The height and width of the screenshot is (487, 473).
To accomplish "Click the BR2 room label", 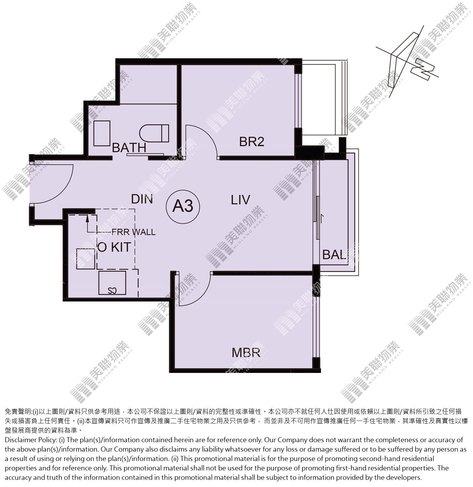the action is point(252,142).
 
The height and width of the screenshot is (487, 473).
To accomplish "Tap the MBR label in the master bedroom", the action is point(246,353).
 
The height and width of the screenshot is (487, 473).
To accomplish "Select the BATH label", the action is point(129,147).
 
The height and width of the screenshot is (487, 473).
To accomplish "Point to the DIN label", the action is point(142,199).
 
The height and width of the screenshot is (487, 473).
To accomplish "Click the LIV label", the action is point(240,200).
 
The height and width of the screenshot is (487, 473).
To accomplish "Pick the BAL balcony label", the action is point(334,254).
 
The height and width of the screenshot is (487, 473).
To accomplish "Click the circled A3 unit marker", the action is point(183,206).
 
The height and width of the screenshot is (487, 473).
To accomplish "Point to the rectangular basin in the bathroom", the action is point(102,133).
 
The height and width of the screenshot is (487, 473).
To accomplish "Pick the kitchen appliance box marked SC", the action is point(112,283).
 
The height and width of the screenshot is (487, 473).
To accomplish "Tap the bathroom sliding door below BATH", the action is point(138,154).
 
